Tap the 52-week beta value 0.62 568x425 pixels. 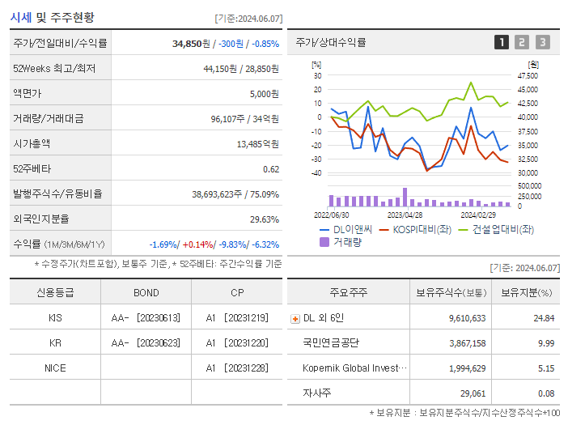pos(271,168)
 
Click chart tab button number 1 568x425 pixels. pos(502,42)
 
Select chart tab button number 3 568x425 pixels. pos(542,42)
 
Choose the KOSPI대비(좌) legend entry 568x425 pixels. pos(420,229)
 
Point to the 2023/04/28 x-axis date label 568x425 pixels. pos(405,215)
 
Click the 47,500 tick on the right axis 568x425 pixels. pos(527,75)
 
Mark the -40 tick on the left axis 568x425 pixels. pos(316,172)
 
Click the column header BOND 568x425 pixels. pos(146,292)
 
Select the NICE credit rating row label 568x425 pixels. pos(55,368)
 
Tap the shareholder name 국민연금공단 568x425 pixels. pos(331,342)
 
